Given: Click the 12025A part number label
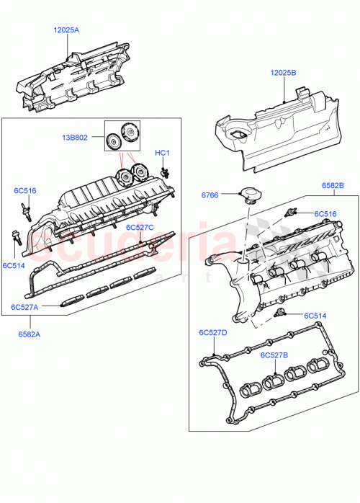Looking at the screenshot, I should (x=66, y=30).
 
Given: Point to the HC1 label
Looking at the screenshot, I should (x=162, y=153).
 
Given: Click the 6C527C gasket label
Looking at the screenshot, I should (x=141, y=227).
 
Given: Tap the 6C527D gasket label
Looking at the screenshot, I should (x=213, y=333).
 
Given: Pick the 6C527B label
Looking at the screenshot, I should (x=274, y=355).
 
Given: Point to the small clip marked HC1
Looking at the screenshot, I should (x=166, y=171).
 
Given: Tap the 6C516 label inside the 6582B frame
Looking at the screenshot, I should (x=325, y=214).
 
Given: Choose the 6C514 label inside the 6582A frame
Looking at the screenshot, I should (x=14, y=266).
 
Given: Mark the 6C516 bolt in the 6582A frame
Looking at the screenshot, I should (x=26, y=210).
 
